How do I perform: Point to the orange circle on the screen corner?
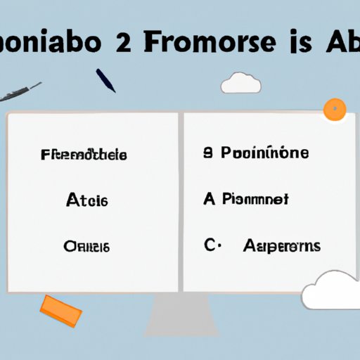(335, 109)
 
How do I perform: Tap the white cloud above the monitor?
(241, 84)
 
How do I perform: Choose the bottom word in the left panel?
(87, 246)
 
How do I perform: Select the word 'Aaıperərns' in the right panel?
(283, 245)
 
